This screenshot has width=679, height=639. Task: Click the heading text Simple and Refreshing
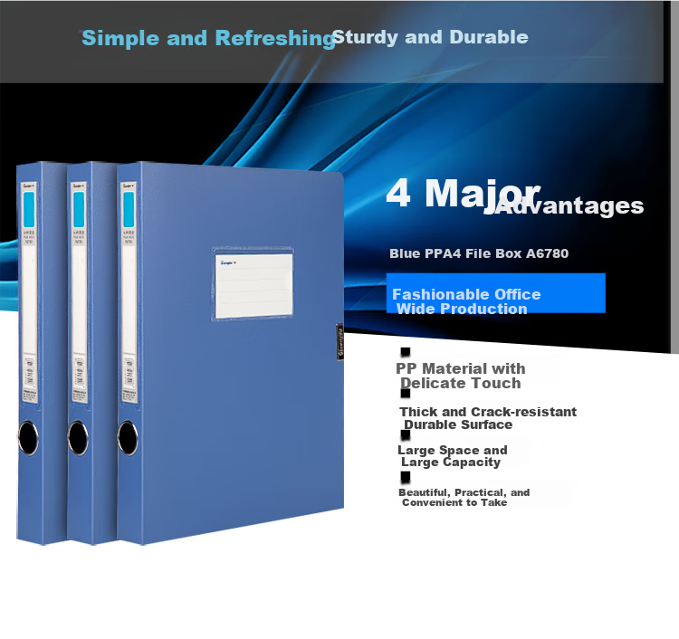point(208,38)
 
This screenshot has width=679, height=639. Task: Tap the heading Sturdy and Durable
point(430,37)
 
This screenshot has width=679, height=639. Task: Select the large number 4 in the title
point(399,193)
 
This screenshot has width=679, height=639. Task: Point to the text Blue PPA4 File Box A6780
point(479,253)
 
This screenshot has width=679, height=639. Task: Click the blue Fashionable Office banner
point(495,293)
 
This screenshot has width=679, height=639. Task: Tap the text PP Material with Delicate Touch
point(461,376)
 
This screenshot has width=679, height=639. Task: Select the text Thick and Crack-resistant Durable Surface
point(488,418)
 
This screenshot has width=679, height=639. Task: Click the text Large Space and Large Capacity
point(452,456)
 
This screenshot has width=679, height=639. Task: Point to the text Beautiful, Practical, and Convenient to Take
point(464,497)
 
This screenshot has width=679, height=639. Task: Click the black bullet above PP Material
point(406,351)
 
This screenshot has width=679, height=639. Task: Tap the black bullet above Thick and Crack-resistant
point(406,394)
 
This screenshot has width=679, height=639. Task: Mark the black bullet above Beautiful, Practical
point(406,477)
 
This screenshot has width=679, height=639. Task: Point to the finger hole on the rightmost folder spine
point(129,441)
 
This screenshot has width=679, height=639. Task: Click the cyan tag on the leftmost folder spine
point(27,211)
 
